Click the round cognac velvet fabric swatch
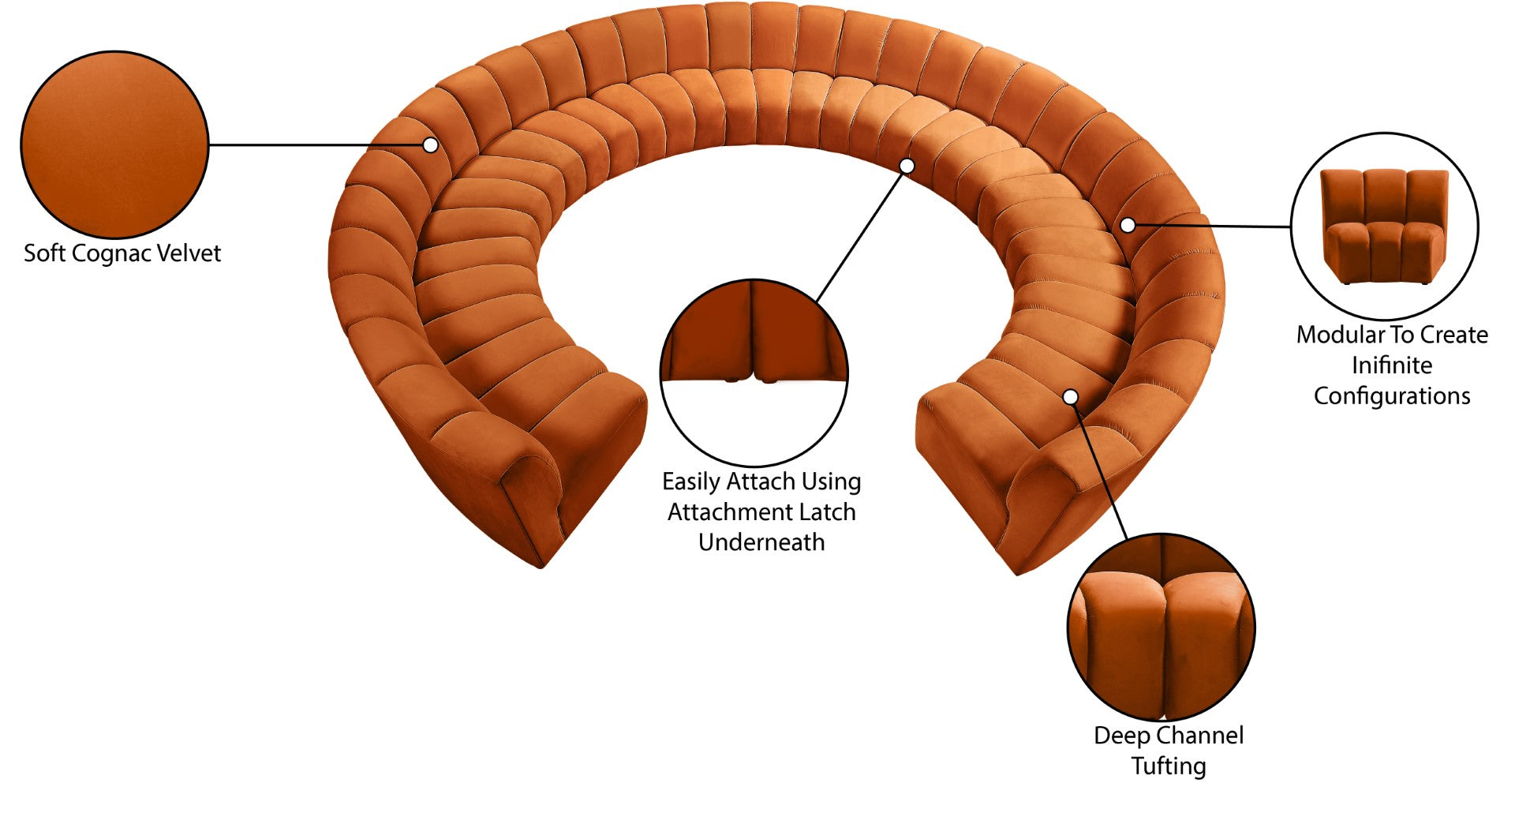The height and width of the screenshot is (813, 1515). tap(114, 144)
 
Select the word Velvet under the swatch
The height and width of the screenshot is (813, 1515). tap(189, 253)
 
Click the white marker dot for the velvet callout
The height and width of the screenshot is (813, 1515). tap(430, 145)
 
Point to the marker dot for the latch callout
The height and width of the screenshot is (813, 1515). tap(907, 166)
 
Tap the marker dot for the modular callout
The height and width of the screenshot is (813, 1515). tap(1128, 225)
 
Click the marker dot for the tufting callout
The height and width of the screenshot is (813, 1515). tap(1071, 396)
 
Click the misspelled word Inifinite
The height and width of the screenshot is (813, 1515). tap(1392, 365)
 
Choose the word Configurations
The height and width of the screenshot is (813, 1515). tap(1392, 395)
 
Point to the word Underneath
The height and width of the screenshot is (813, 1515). tap(761, 542)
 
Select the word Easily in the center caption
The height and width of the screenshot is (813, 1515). tap(691, 481)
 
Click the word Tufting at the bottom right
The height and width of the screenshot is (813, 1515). tap(1169, 766)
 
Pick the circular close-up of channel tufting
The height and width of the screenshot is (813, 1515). tap(1161, 627)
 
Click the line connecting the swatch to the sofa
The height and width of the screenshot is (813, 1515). tap(316, 145)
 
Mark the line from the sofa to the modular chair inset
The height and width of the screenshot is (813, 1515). tap(1211, 227)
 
